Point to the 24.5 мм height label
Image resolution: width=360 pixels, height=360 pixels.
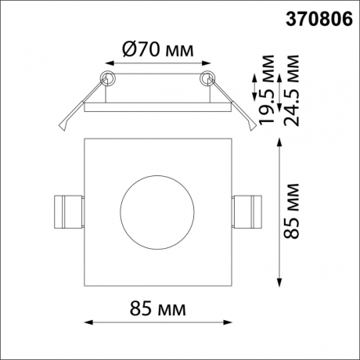click(291, 89)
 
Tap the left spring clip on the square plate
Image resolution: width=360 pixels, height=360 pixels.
click(66, 211)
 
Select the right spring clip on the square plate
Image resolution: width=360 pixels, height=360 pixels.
click(249, 211)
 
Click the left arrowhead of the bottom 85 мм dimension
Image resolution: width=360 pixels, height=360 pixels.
click(86, 322)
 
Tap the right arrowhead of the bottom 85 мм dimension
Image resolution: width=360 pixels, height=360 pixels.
click(229, 322)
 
